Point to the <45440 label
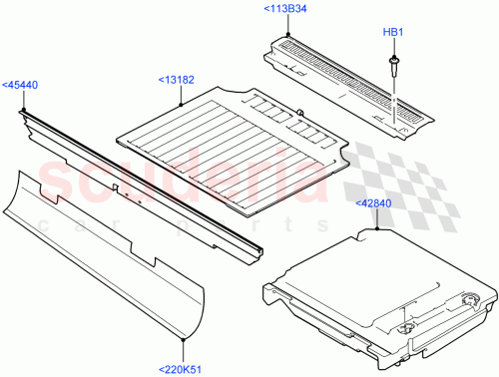(x=20, y=85)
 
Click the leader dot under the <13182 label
(x=181, y=104)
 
